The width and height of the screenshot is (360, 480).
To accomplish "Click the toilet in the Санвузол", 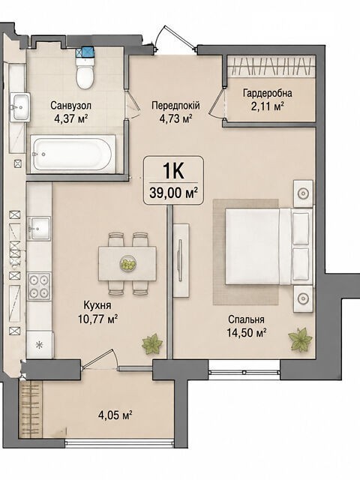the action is (x=85, y=73).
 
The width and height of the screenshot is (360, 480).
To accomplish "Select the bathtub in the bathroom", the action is (x=73, y=154).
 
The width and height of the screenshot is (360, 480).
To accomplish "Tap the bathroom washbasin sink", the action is (x=20, y=106).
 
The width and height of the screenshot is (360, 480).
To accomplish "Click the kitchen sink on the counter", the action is (x=39, y=228).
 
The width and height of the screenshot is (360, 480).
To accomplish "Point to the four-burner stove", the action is (x=39, y=286).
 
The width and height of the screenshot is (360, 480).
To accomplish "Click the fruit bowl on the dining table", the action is (x=127, y=263).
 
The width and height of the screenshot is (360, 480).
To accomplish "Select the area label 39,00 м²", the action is (x=173, y=193).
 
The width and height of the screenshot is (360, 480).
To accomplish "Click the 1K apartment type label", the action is (x=173, y=171).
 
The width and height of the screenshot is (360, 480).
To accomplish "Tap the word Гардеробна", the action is (x=267, y=93).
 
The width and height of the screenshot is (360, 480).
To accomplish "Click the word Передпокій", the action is (x=175, y=106).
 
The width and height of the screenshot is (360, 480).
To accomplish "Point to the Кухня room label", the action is (x=97, y=305).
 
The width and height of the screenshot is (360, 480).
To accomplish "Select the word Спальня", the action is (x=246, y=319).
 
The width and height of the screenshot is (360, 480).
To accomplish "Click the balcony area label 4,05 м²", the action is (x=115, y=415).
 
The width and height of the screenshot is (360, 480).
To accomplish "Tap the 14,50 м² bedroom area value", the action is (x=246, y=332).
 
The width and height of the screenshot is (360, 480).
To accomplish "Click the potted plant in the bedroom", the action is (x=300, y=340).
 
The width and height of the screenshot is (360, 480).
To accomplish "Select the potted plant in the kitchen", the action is (x=152, y=343).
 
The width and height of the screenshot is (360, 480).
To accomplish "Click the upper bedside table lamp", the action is (x=303, y=193).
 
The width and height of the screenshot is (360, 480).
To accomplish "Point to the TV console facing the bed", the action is (x=181, y=260).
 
